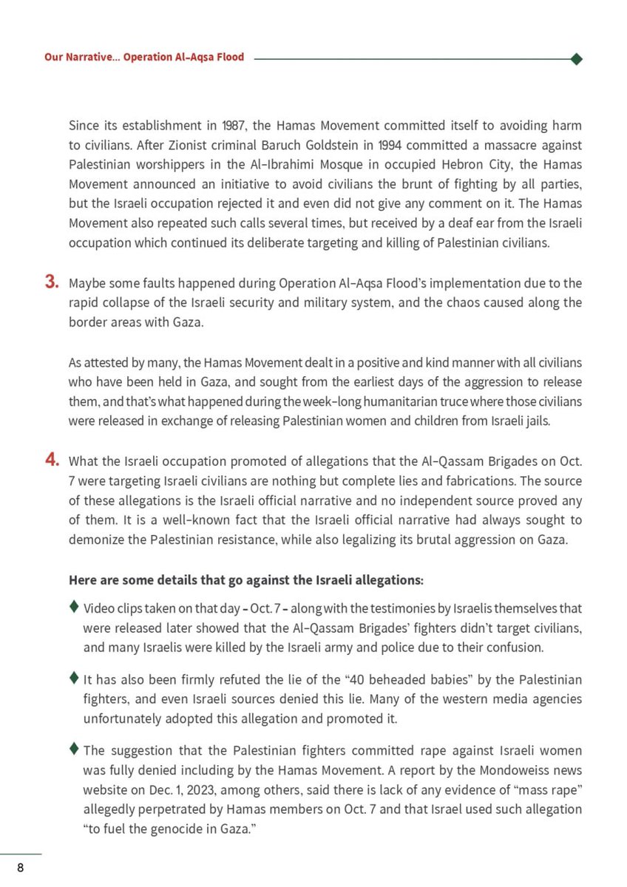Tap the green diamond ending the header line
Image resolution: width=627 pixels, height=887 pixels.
pos(577,58)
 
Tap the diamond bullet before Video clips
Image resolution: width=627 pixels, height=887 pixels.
pos(74,608)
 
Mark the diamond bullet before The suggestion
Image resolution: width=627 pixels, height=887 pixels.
pos(74,749)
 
